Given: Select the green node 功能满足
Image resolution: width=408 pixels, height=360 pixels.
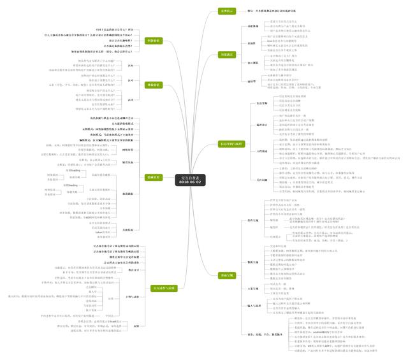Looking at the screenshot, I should (x=226, y=55).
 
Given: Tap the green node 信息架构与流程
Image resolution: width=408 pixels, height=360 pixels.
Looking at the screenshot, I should (x=231, y=144).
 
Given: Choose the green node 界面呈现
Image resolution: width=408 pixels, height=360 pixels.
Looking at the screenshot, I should (x=226, y=275).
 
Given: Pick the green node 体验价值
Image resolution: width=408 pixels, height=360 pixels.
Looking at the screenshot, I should (x=154, y=84).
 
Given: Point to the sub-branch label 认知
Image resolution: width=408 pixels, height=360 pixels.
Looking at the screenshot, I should (x=131, y=66).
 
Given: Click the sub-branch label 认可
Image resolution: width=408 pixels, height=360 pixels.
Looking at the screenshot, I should (x=131, y=81).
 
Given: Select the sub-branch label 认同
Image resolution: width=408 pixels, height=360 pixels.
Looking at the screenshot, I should (x=131, y=101).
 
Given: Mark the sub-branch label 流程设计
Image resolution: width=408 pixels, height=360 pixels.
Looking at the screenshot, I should (x=262, y=125).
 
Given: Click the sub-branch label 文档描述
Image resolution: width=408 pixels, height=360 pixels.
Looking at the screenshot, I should (x=262, y=151).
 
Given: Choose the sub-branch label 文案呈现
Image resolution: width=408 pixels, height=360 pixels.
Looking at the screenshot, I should (x=253, y=289).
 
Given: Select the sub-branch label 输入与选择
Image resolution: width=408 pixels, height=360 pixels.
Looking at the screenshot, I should (x=254, y=306).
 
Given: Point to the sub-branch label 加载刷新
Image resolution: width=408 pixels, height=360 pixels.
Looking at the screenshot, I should (x=127, y=193).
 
